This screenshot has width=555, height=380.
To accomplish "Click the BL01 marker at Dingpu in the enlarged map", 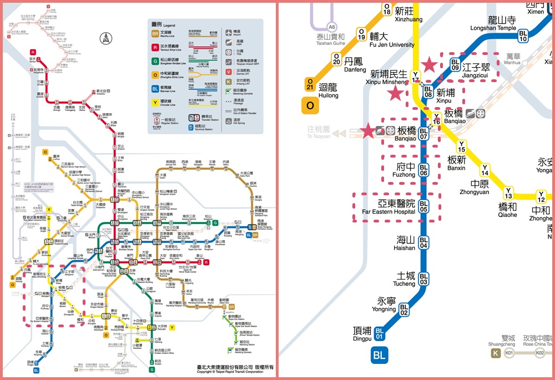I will coord(380,333).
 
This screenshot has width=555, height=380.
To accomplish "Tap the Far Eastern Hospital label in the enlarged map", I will coord(389,207).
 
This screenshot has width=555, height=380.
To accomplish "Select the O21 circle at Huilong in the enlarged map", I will coord(310,84).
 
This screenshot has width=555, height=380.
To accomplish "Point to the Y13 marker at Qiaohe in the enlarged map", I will coord(508,193).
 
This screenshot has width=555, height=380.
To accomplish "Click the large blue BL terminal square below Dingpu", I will coord(380,355).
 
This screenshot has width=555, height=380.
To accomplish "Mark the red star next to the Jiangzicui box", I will coord(430,65).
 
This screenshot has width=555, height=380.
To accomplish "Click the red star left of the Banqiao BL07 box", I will coord(367,131).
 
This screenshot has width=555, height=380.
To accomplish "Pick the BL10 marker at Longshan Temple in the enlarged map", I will coord(523,36).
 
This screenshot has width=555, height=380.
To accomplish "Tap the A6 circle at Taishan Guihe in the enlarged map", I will coord(332,27).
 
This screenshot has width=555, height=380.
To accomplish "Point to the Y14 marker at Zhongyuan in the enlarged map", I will coord(485,170).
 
